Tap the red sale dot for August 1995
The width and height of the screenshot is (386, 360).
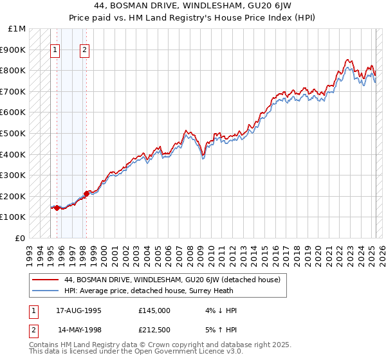[x=57, y=208]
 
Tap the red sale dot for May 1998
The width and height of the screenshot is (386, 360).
[x=86, y=193]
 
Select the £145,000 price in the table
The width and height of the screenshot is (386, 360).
[x=154, y=310]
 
